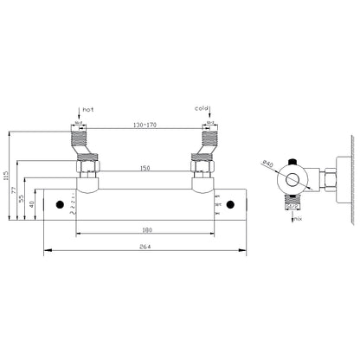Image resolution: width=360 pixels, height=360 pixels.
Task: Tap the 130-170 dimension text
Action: (145, 125)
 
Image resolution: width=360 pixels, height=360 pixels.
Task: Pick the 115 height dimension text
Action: (6, 178)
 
